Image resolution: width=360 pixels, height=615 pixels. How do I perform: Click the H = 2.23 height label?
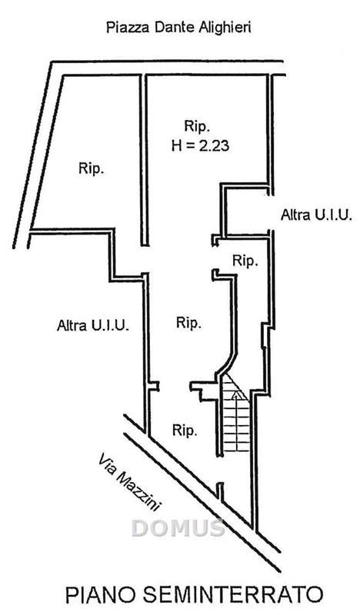(x=200, y=146)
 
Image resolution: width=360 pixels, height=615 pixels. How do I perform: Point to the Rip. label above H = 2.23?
(x=198, y=127)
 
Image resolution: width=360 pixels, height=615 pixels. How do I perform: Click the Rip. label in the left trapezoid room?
(x=92, y=169)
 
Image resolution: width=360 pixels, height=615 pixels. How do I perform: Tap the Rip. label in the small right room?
(x=245, y=261)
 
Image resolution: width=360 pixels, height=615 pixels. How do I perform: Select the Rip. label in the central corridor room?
(x=188, y=323)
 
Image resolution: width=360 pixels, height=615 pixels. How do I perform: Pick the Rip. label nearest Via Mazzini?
(x=185, y=431)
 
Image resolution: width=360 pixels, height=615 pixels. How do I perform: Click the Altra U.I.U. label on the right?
(x=316, y=215)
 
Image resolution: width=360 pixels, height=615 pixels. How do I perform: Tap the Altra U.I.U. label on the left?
(x=93, y=325)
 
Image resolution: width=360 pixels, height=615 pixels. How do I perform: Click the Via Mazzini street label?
(x=129, y=483)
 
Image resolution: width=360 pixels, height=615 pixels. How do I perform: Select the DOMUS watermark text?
(x=178, y=528)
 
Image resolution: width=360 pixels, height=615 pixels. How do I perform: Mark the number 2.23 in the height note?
(x=214, y=146)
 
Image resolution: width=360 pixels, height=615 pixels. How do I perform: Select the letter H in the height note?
(x=176, y=146)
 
